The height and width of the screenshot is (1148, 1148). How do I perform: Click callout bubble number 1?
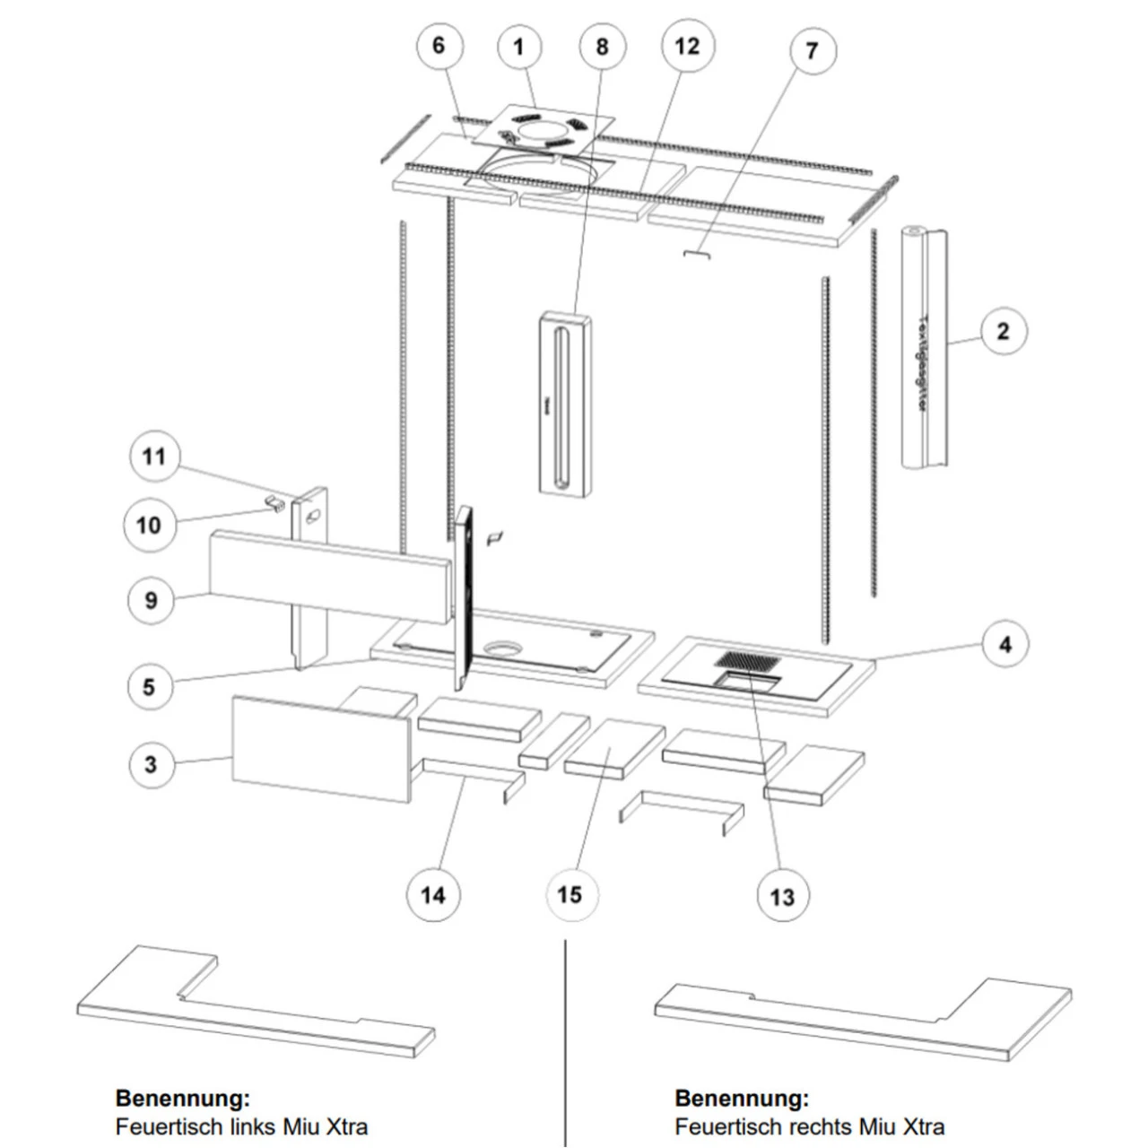[x=518, y=47]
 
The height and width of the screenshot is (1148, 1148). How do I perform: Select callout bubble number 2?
[x=1003, y=331]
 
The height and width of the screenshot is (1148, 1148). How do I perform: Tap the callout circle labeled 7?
[x=813, y=50]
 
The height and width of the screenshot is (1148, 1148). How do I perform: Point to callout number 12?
[x=687, y=46]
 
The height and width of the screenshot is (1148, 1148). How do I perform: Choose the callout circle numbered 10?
[x=149, y=525]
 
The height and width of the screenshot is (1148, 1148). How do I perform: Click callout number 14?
[x=433, y=894]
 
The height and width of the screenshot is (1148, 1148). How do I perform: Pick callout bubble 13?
[x=782, y=896]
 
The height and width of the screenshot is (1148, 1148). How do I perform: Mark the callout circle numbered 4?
[x=1004, y=644]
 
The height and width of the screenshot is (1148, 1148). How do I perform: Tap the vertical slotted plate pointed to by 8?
[x=565, y=404]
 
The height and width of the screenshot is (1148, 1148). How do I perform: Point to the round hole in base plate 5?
[x=501, y=648]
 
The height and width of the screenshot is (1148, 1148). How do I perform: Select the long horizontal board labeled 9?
[x=329, y=575]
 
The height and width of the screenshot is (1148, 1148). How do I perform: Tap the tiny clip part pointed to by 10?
[x=275, y=501]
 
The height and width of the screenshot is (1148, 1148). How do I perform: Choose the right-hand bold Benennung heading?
[x=742, y=1098]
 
